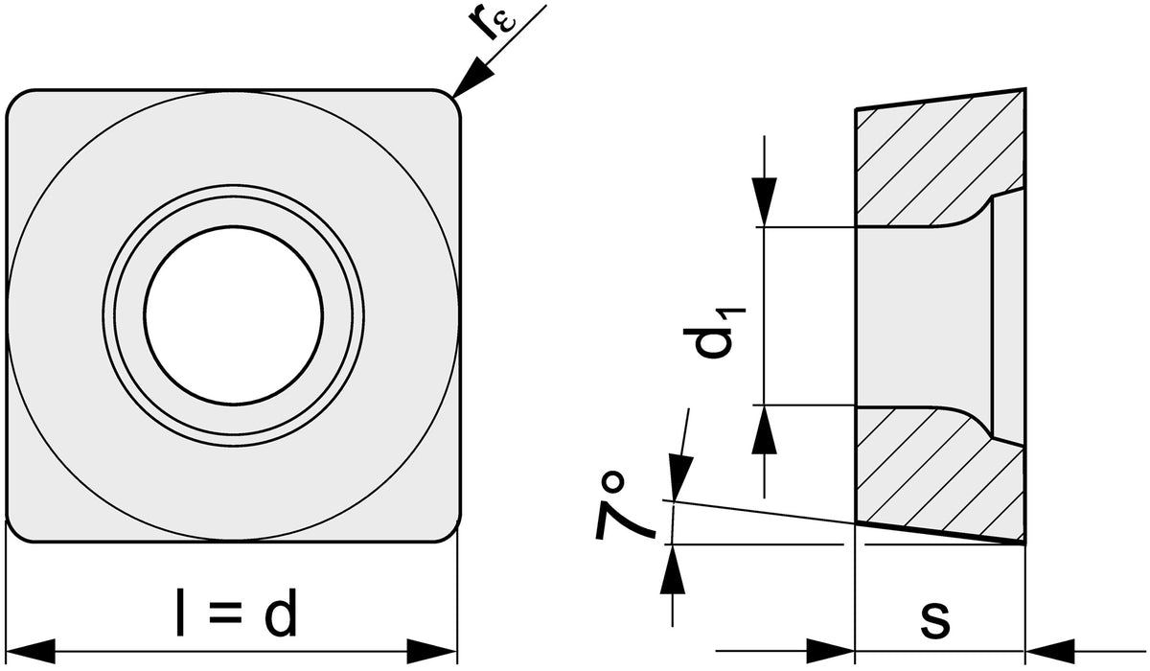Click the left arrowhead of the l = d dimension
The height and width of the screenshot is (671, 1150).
30,652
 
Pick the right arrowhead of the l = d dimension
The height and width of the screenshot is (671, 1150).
432,652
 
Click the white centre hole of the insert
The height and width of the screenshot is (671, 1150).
234,315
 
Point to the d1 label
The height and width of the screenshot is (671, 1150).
714,333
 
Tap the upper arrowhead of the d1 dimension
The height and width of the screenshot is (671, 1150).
765,201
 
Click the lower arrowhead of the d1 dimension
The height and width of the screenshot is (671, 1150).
765,429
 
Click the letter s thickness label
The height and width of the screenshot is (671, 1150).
934,619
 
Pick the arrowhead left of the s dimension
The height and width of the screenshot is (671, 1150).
830,652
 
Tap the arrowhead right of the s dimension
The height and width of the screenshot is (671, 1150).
1050,652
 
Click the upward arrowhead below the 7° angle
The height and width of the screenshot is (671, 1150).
673,568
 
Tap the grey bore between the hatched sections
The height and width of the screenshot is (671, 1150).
924,315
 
